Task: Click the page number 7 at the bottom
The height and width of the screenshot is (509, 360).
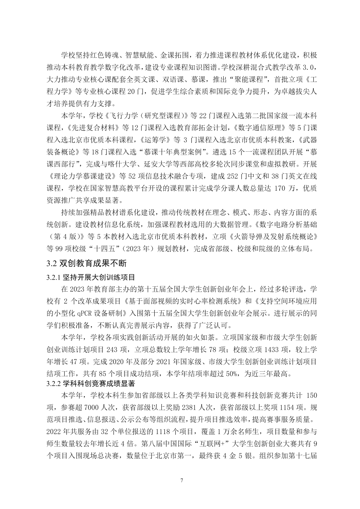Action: [182, 480]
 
